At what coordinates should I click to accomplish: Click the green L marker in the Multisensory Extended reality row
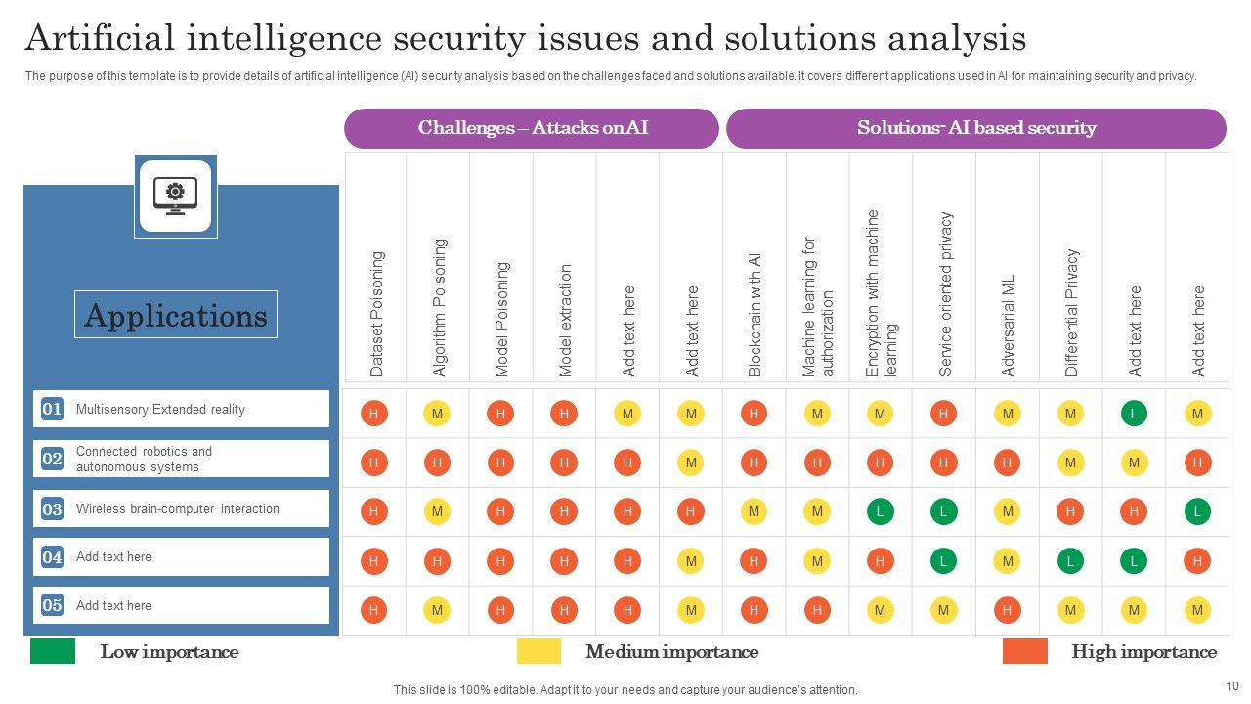click(1134, 414)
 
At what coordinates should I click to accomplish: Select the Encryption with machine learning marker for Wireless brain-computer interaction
click(881, 510)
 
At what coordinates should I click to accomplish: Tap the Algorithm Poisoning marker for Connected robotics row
click(437, 462)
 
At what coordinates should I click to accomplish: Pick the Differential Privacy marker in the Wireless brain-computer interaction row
click(1070, 510)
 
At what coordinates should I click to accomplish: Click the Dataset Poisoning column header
click(377, 314)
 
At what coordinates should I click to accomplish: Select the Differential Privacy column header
click(1071, 312)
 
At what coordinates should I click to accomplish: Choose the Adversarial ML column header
click(1009, 325)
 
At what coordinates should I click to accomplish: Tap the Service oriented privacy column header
click(945, 293)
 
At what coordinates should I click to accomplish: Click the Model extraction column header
click(565, 320)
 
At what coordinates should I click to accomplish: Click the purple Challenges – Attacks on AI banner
click(533, 128)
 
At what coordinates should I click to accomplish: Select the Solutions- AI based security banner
click(975, 128)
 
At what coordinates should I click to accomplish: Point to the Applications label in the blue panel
click(176, 315)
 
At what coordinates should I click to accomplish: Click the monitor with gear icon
click(176, 196)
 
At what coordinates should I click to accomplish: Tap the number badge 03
click(52, 508)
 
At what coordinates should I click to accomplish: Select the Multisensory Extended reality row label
click(160, 409)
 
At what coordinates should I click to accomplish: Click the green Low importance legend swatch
click(53, 651)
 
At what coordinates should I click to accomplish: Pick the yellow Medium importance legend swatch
click(539, 651)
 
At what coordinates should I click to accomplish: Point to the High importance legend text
click(1143, 652)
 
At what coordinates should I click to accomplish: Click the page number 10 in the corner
click(1230, 686)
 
